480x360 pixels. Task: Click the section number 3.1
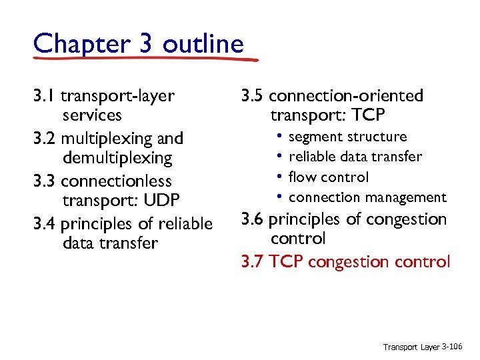tap(45, 96)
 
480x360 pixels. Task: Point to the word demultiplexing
tap(117, 159)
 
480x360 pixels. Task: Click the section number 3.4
tap(45, 223)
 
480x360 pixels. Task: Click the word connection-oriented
tap(346, 96)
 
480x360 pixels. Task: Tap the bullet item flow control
tap(329, 177)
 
